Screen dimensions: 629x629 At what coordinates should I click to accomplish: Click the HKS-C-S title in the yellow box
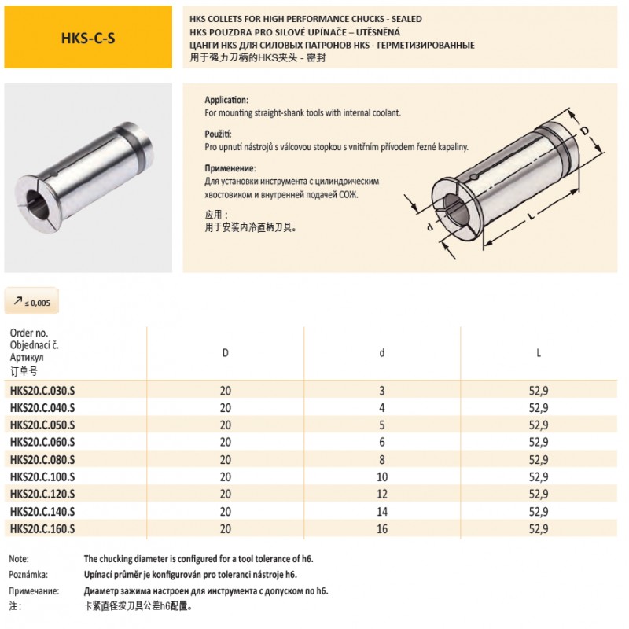click(x=88, y=38)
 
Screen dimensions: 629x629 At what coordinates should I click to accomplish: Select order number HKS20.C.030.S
click(x=42, y=391)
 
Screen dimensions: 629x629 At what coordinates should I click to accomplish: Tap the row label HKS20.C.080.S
click(x=42, y=459)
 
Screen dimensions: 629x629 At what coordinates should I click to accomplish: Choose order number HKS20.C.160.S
click(x=42, y=528)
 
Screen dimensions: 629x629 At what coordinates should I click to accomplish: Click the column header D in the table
click(x=226, y=352)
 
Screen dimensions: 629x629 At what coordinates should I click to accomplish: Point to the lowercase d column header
click(x=382, y=352)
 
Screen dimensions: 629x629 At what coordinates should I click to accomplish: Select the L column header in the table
click(x=539, y=352)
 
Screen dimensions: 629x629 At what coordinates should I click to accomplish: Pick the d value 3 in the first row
click(x=382, y=391)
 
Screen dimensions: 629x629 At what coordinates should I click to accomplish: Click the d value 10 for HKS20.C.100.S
click(x=382, y=476)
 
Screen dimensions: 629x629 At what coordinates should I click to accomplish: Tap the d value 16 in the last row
click(x=382, y=528)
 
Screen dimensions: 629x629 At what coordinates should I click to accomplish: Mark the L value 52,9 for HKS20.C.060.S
click(x=539, y=442)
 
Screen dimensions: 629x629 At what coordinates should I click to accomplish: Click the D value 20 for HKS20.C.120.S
click(x=226, y=494)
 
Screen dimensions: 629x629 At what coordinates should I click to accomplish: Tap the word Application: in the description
click(x=226, y=101)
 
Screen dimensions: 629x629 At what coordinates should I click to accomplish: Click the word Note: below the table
click(x=19, y=558)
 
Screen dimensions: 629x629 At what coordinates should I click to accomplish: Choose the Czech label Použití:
click(x=222, y=134)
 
